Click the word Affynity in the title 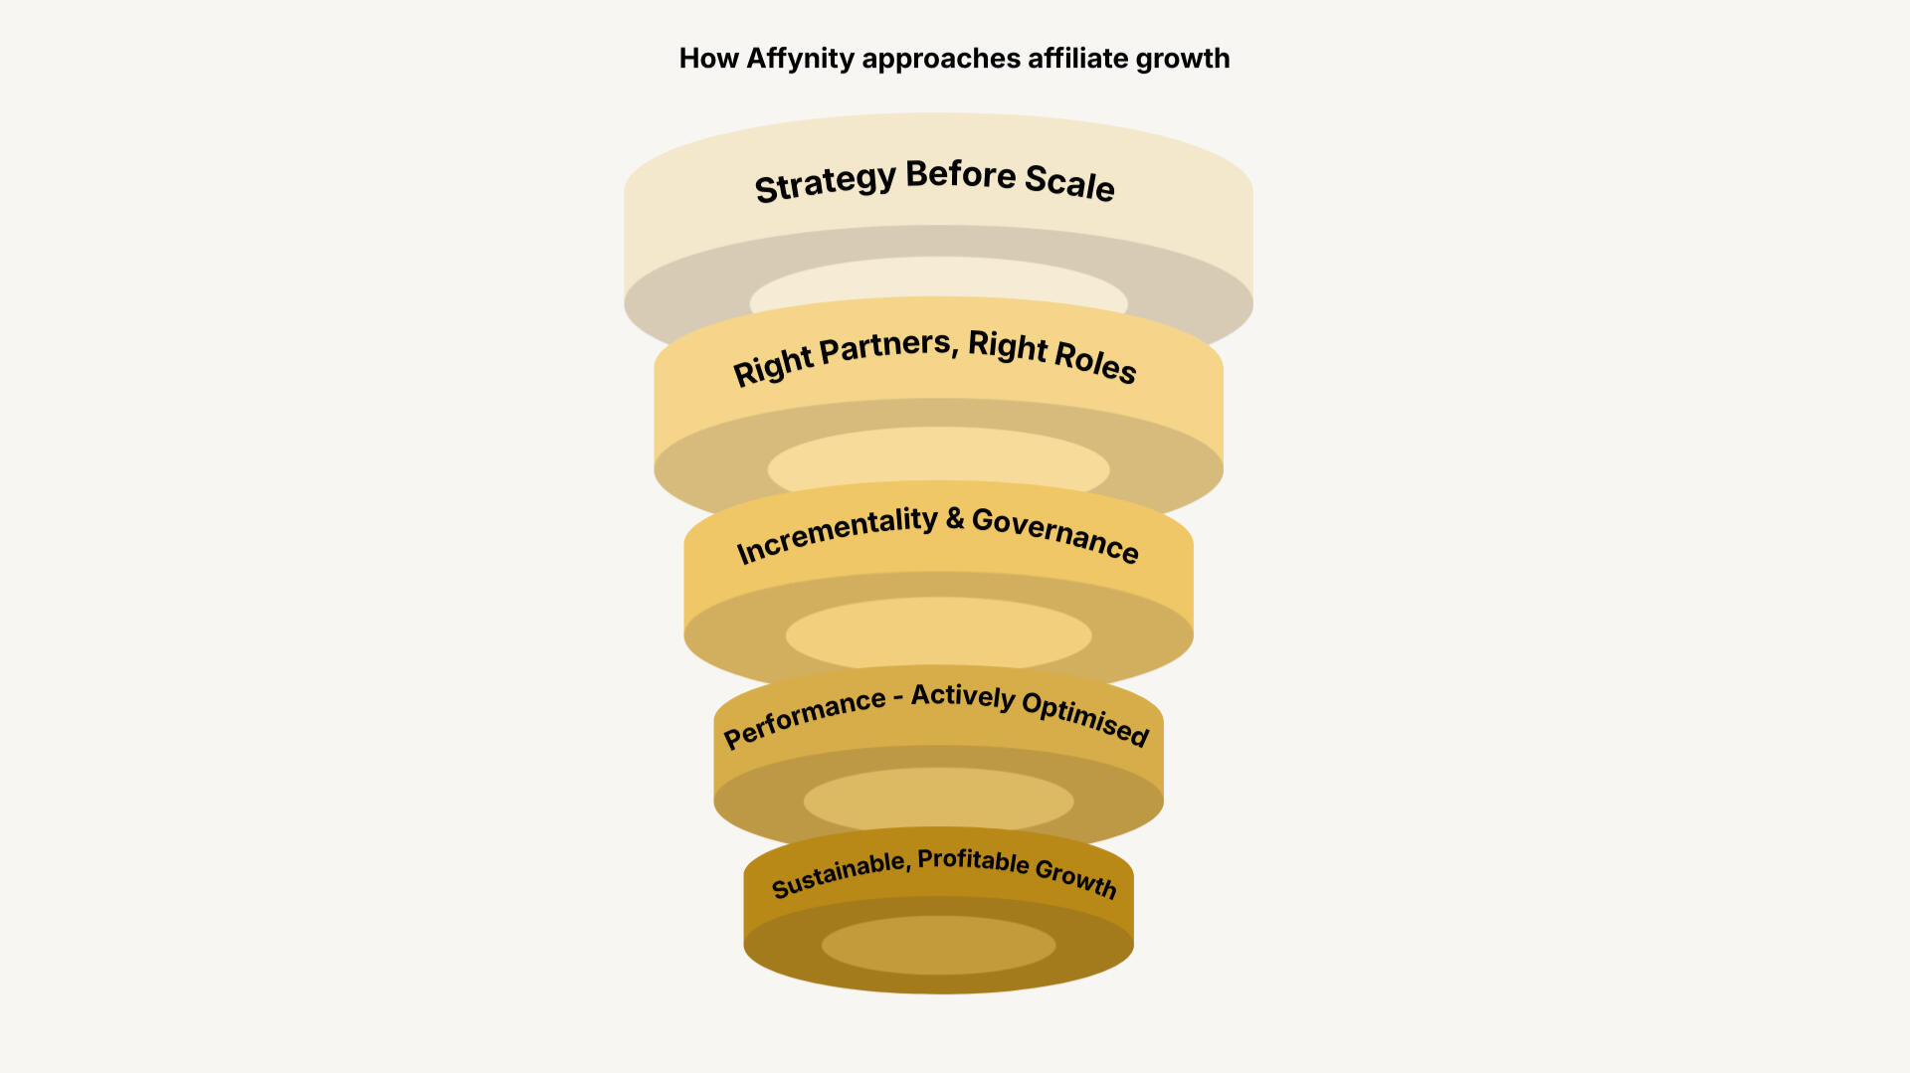coord(800,59)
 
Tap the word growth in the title coord(1183,59)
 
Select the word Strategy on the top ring coord(826,183)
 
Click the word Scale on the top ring coord(1069,182)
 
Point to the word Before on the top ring coord(961,174)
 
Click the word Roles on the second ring coord(1094,359)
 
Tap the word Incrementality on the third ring coord(837,534)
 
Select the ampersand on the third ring coord(955,518)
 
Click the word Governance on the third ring coord(1055,534)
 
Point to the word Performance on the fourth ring coord(804,717)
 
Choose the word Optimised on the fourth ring coord(1085,717)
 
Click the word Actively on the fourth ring coord(963,696)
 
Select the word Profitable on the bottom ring coord(973,860)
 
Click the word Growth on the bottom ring coord(1076,877)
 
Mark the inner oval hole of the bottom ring coord(938,945)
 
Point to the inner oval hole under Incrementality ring coord(938,632)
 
